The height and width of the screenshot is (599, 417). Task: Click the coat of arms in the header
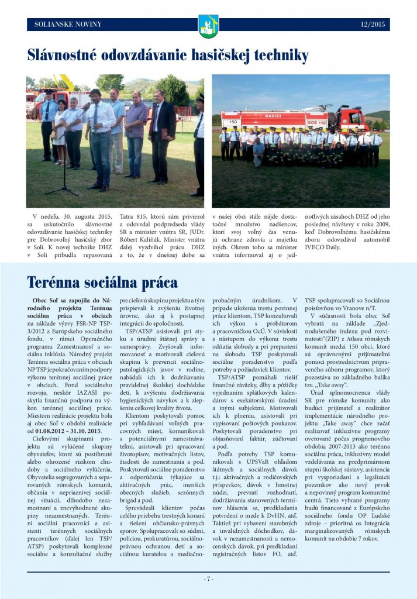point(208,25)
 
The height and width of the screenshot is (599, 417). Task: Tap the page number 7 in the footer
point(208,579)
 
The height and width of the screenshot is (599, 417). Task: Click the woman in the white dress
point(60,129)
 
